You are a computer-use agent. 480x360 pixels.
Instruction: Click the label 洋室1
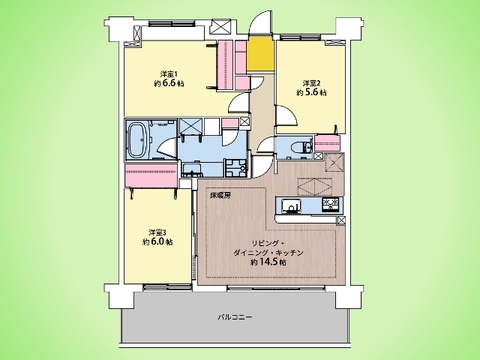170,73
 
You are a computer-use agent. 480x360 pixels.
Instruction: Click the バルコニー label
235,317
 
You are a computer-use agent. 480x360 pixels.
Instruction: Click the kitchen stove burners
331,207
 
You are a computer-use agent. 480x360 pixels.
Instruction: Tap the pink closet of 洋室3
151,179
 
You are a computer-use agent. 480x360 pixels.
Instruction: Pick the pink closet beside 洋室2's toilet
330,147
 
